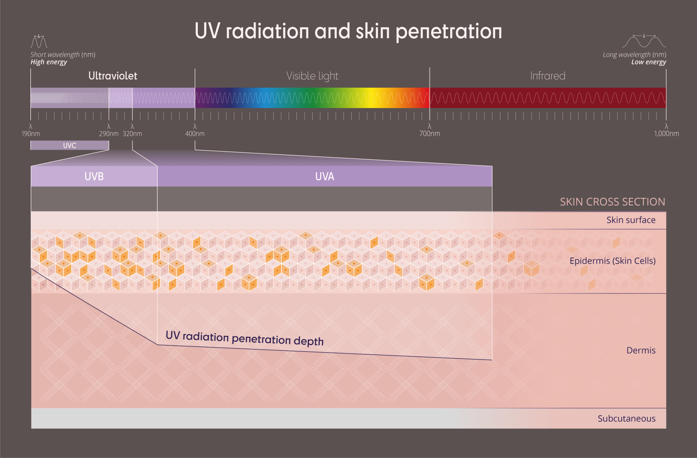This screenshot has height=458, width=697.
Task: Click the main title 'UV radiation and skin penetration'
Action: click(x=348, y=31)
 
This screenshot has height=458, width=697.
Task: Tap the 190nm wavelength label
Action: click(x=31, y=134)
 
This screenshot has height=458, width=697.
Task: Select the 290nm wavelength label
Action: click(x=109, y=134)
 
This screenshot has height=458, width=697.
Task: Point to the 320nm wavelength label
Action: click(x=133, y=134)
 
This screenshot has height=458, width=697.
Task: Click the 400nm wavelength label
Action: click(x=195, y=134)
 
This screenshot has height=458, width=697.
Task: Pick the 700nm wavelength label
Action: click(x=430, y=134)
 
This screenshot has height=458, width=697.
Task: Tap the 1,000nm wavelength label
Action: click(x=666, y=134)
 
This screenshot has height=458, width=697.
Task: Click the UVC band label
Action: click(x=69, y=146)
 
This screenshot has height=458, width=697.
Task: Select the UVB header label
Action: click(x=94, y=177)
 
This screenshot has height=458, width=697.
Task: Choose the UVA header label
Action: click(x=324, y=177)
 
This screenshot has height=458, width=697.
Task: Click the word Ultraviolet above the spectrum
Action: click(x=113, y=76)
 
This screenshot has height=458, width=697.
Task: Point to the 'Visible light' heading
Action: click(x=312, y=76)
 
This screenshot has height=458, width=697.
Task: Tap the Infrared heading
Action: click(x=548, y=76)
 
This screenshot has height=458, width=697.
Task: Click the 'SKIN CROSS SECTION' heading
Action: click(x=612, y=202)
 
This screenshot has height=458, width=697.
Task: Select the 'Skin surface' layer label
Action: click(x=631, y=220)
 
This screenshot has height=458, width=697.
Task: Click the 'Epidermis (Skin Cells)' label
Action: click(x=612, y=261)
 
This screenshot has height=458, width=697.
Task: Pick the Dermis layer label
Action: click(x=641, y=350)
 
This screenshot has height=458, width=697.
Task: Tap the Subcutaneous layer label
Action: click(x=626, y=419)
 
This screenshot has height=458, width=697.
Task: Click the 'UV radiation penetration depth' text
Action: click(x=245, y=339)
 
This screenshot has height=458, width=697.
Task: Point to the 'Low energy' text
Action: click(x=648, y=62)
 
